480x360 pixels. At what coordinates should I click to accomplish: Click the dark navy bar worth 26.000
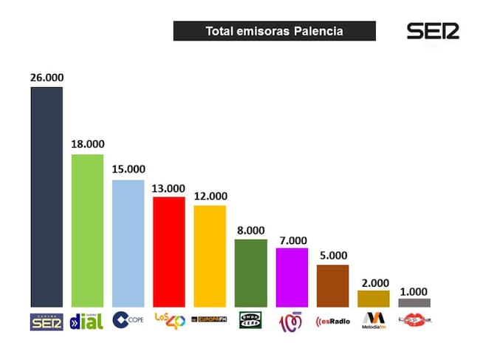coord(47,197)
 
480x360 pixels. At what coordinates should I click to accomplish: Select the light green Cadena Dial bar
coord(87,230)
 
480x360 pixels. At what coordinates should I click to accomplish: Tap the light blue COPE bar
coord(128,242)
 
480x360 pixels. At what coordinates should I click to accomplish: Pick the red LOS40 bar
coord(169,251)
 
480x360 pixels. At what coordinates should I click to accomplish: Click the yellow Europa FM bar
coord(210,256)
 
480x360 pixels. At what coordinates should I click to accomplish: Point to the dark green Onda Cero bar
coord(250,272)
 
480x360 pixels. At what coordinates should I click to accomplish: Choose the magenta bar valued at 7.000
coord(292,277)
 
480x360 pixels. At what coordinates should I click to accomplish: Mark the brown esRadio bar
coord(332,285)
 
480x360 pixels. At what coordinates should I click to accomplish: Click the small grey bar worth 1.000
coord(414,302)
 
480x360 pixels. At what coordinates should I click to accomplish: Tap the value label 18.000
coord(87,143)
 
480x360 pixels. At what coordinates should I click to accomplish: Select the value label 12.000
coord(210,196)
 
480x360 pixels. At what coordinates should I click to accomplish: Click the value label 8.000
coord(251,229)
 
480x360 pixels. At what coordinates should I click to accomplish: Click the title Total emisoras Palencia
coord(274,31)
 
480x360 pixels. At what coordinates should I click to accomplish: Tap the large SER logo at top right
coord(433,31)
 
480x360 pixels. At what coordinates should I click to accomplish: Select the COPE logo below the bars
coord(128,320)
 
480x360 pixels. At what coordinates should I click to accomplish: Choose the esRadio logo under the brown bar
coord(332,321)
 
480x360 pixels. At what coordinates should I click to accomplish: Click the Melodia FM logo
coord(374,320)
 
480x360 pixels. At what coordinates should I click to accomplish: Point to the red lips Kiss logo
coord(414,321)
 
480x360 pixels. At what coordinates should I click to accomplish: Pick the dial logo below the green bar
coord(87,321)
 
